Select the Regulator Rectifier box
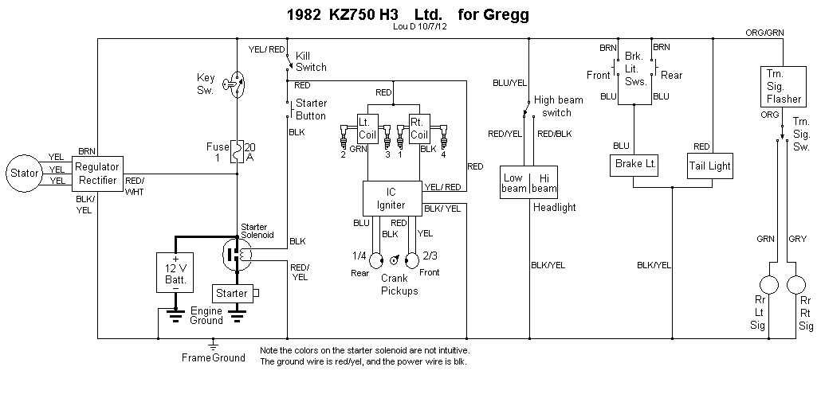point(97,173)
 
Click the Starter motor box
point(232,293)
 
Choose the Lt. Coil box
point(367,128)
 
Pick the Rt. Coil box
point(420,128)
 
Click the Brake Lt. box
point(634,164)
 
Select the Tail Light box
point(709,166)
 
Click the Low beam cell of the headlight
point(514,183)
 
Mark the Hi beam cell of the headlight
point(545,183)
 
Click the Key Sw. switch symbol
point(237,83)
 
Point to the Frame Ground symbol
point(213,345)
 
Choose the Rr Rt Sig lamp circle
point(796,285)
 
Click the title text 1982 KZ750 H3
point(344,14)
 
